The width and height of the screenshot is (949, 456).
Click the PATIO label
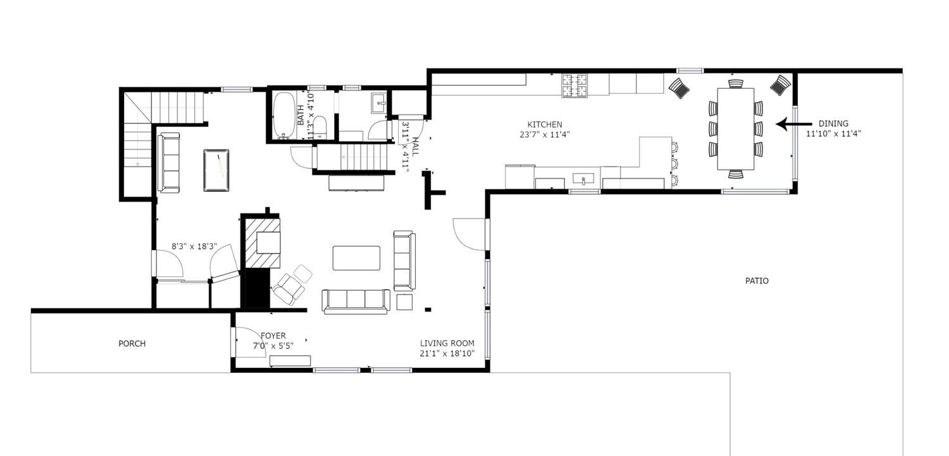(x=757, y=281)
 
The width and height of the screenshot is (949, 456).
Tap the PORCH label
(x=132, y=344)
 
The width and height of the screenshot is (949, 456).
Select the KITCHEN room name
(x=544, y=125)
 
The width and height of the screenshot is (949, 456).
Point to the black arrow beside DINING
(x=793, y=124)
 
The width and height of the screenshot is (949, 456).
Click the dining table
(x=735, y=129)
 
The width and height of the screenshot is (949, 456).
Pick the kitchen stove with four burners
(x=575, y=85)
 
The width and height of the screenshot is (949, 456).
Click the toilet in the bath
(x=320, y=127)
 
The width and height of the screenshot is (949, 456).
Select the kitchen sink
(x=583, y=178)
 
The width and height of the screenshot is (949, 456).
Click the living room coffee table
(x=356, y=258)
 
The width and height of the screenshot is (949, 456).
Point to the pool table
(x=216, y=170)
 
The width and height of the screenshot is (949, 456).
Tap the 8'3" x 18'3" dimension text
(x=194, y=246)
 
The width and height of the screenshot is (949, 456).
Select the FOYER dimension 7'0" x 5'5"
(x=273, y=346)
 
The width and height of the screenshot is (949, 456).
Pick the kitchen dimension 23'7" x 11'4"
(x=545, y=135)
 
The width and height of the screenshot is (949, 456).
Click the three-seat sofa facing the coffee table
(x=356, y=301)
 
